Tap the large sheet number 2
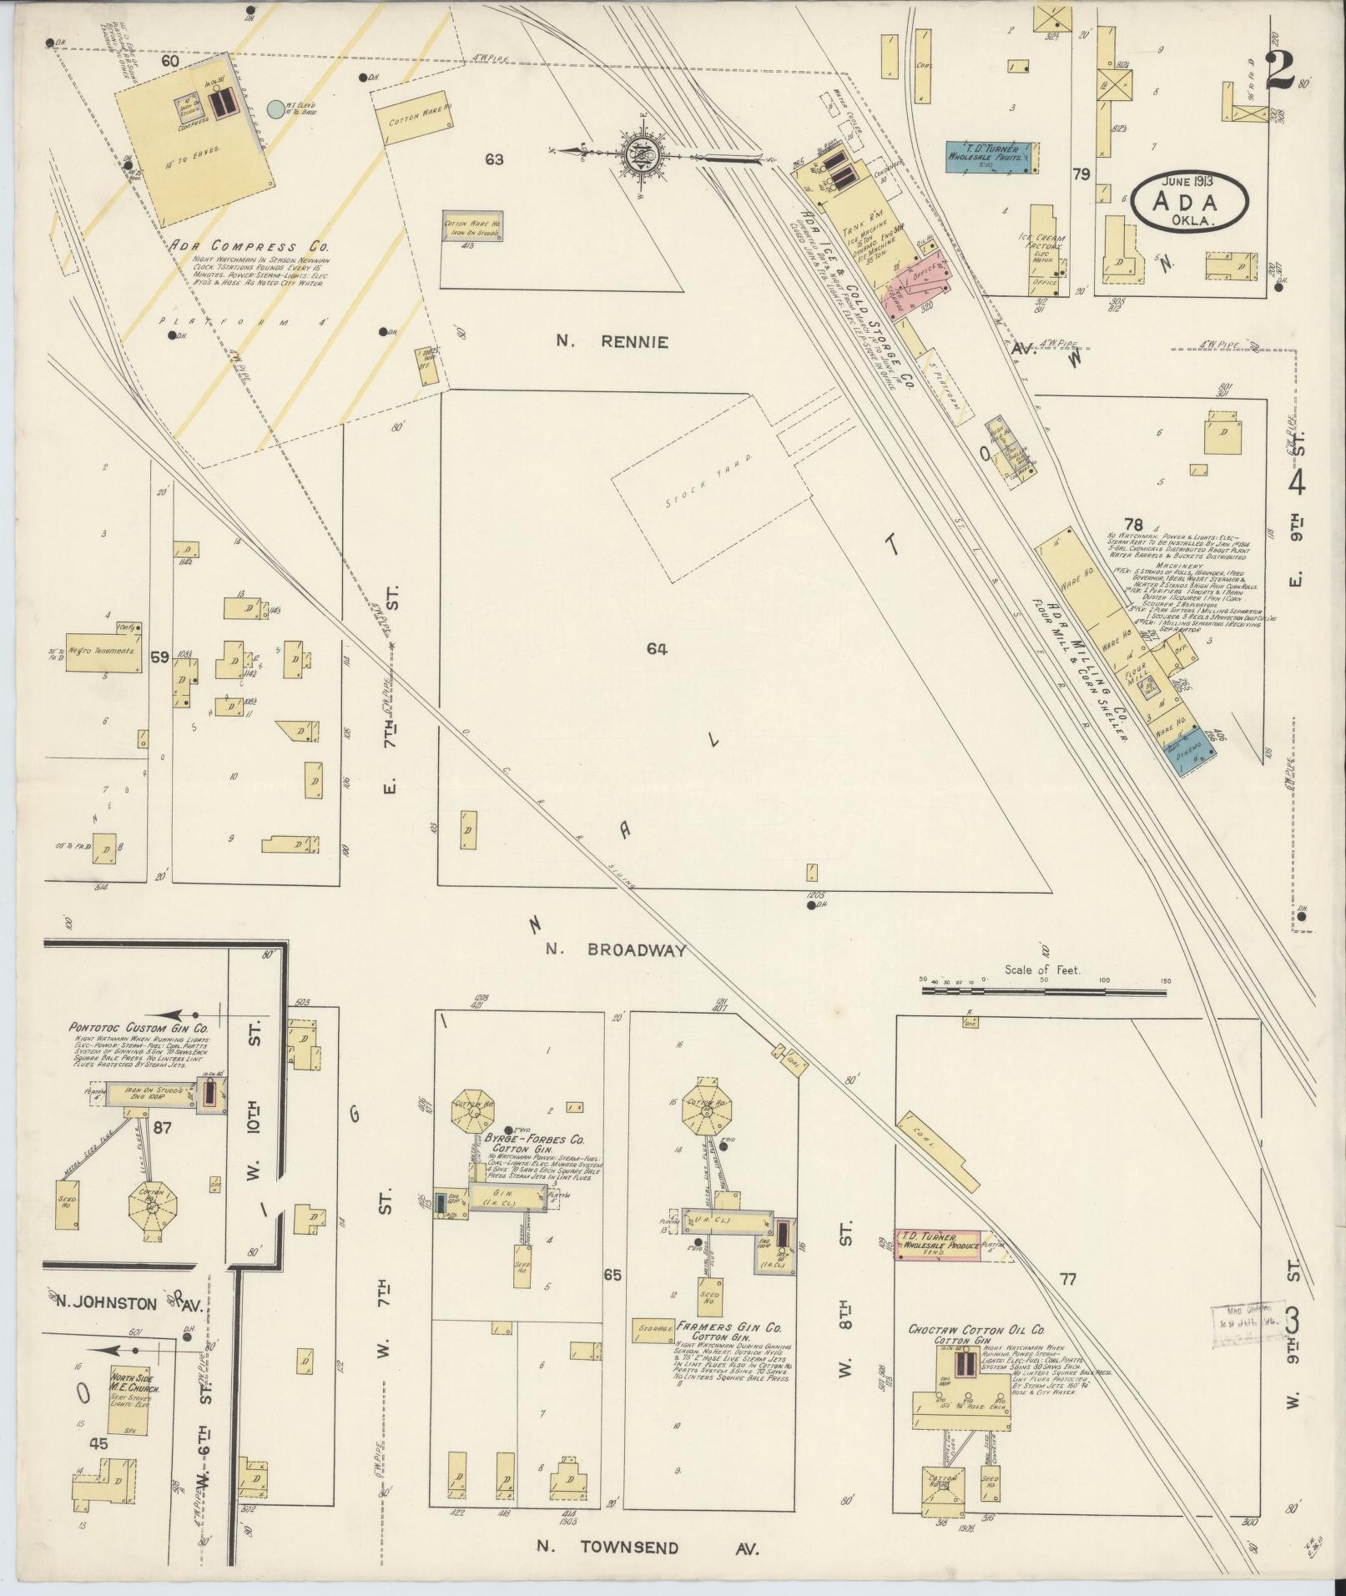click(1279, 71)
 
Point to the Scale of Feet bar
click(1043, 991)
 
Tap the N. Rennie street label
click(613, 341)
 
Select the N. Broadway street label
click(617, 949)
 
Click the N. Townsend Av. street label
click(647, 1547)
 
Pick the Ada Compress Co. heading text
click(249, 247)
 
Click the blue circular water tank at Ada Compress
click(275, 108)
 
